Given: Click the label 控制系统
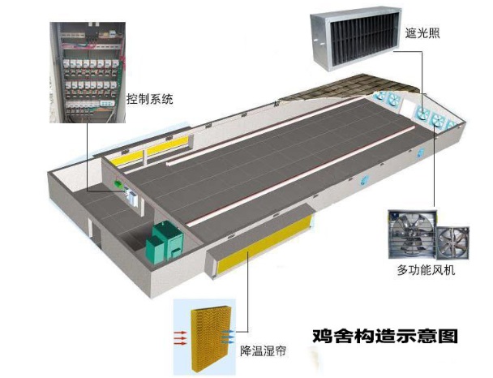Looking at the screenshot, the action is coord(150,99).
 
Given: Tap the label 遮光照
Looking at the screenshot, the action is coord(422,32).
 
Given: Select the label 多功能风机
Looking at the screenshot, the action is coord(426,270).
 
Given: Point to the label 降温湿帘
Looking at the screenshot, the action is coord(264,350).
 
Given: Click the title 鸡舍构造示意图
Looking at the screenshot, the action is coord(385,336).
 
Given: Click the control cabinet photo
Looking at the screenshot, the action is coord(88,72).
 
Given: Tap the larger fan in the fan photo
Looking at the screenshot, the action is coord(413,234).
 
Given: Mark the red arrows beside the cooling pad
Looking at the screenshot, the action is coord(181,338).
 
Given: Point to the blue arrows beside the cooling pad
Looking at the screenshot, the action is coord(228,337).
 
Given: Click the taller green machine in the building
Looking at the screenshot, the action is coord(168,238).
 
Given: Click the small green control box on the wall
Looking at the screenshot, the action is coord(118,183).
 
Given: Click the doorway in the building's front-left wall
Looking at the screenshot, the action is coord(96,233).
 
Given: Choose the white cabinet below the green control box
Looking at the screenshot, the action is coord(132,197).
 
